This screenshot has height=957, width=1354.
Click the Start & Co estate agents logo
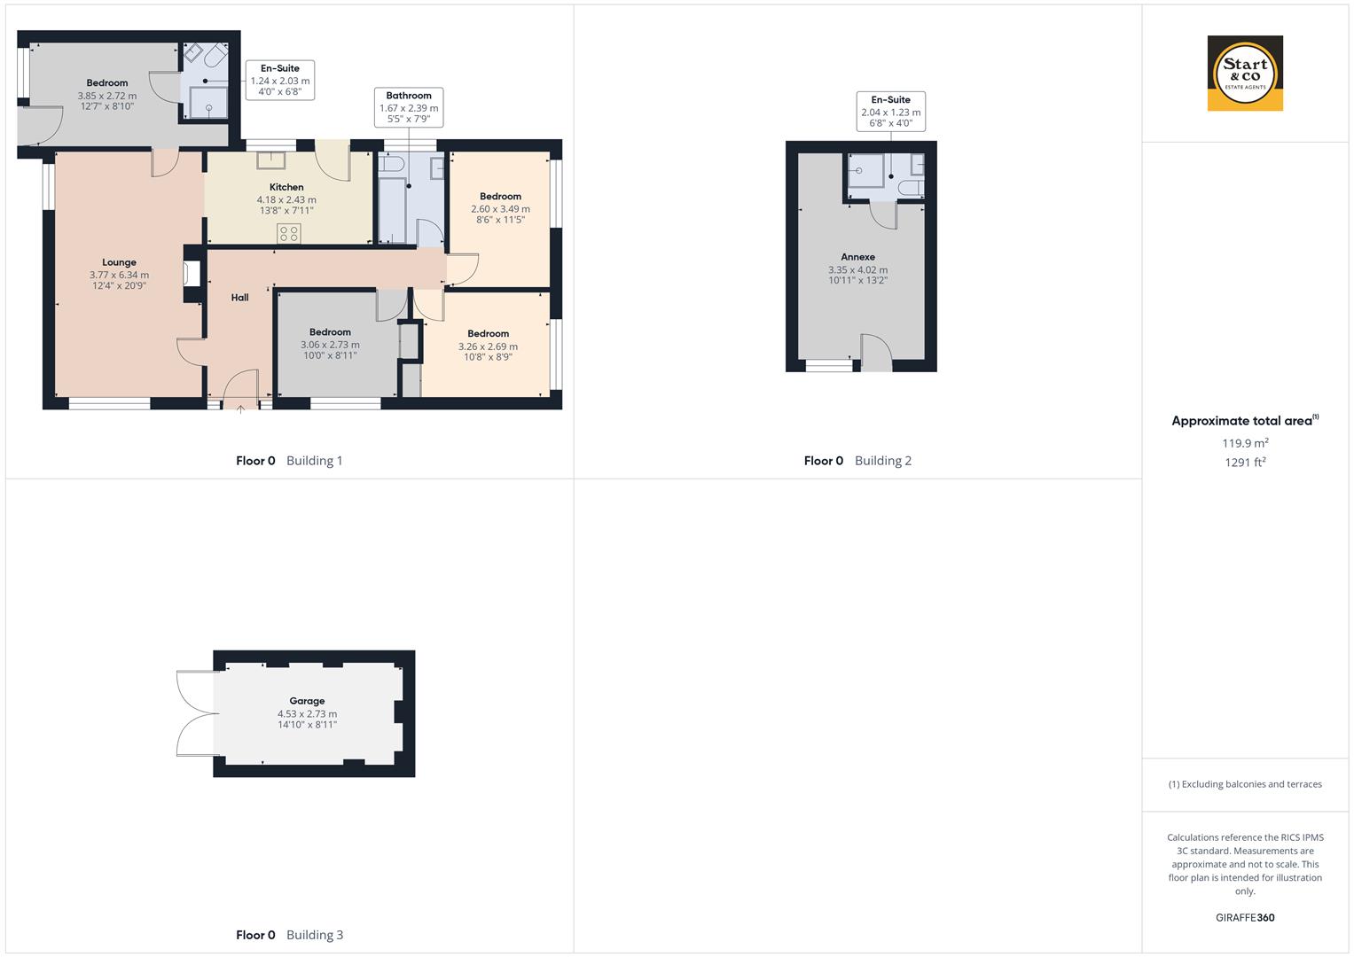point(1245,74)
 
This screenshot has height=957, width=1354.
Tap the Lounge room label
point(119,262)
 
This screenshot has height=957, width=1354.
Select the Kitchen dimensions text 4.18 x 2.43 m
point(286,199)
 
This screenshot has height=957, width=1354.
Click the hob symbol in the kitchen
point(289,233)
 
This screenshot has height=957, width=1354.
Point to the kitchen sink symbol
point(271,160)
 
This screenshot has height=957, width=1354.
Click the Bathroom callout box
point(409,107)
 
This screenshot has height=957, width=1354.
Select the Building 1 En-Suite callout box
point(279,80)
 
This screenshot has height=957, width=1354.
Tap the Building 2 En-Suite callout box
point(890,112)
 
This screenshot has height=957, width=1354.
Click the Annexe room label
point(857,257)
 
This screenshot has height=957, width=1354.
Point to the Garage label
point(307,701)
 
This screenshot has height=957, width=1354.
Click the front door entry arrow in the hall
point(241,408)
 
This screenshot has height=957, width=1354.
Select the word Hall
point(239,298)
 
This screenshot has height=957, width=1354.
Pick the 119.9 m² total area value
point(1245,443)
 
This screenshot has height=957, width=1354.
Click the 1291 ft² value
point(1245,463)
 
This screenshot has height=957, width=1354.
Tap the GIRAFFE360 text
point(1245,918)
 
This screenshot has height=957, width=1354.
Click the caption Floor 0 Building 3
point(289,935)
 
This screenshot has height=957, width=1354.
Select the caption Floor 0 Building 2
point(857,461)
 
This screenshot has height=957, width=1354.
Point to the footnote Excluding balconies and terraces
point(1245,784)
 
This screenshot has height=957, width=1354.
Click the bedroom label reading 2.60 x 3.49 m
point(500,208)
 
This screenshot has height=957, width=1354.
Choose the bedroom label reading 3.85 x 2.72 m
point(106,95)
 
